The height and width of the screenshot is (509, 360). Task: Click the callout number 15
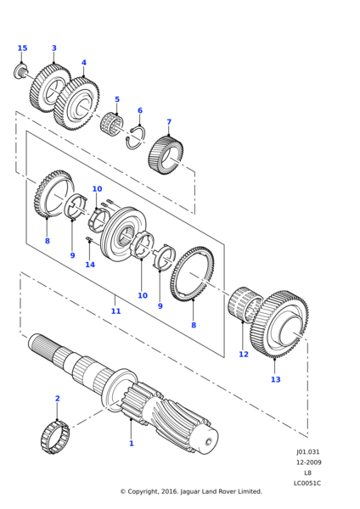pyautogui.click(x=22, y=48)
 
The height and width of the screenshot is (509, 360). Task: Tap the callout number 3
pyautogui.click(x=54, y=48)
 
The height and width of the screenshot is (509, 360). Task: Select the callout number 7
pyautogui.click(x=169, y=122)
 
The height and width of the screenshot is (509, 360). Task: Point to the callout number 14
pyautogui.click(x=90, y=265)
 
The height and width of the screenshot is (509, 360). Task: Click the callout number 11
pyautogui.click(x=115, y=311)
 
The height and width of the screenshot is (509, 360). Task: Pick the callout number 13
pyautogui.click(x=276, y=379)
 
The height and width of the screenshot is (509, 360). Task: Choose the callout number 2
pyautogui.click(x=58, y=399)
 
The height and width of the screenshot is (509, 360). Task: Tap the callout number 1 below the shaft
pyautogui.click(x=132, y=443)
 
